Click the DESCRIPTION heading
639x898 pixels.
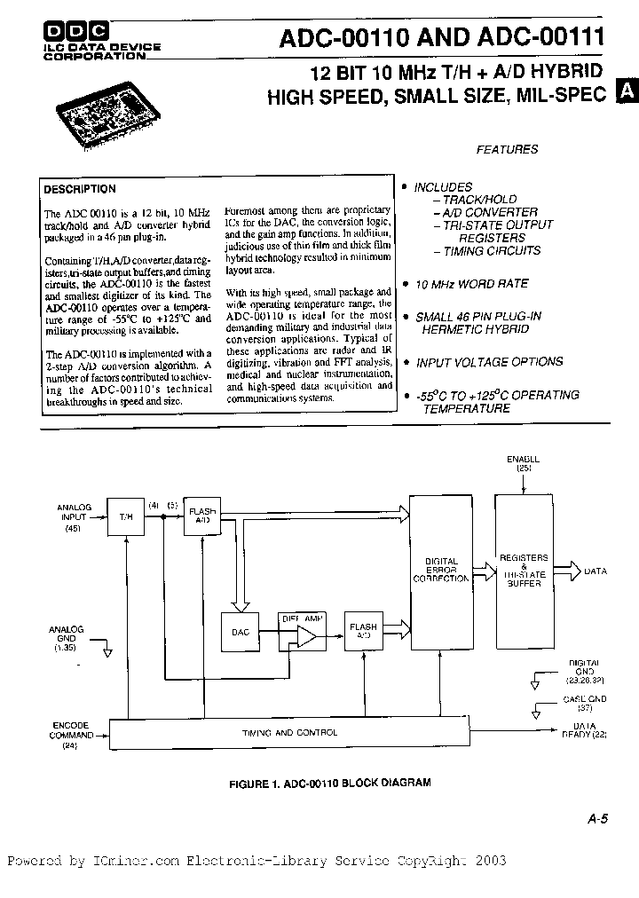pyautogui.click(x=80, y=189)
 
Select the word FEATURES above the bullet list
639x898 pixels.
pyautogui.click(x=507, y=149)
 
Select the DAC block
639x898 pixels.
pyautogui.click(x=240, y=632)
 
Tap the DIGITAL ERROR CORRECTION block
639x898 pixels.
pyautogui.click(x=441, y=569)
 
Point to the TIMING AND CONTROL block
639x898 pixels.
pyautogui.click(x=290, y=733)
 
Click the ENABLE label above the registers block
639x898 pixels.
pyautogui.click(x=524, y=461)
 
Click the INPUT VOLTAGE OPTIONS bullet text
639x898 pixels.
pyautogui.click(x=489, y=362)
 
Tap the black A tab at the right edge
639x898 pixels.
pyautogui.click(x=627, y=91)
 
